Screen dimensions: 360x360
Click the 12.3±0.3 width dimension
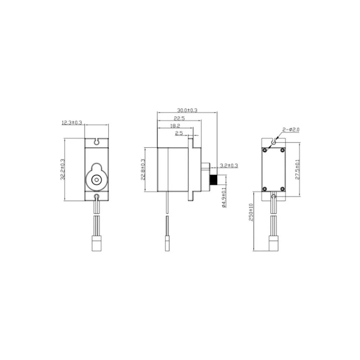(72, 123)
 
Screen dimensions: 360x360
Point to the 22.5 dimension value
(179, 118)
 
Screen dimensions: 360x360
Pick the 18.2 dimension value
(175, 126)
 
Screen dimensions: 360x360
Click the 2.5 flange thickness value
(179, 134)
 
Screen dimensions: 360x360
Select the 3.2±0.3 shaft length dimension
(229, 166)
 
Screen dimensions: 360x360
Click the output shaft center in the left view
(96, 179)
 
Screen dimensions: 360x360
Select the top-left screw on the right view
(265, 149)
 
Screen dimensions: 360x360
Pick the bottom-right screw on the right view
(283, 189)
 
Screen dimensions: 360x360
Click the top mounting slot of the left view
(96, 141)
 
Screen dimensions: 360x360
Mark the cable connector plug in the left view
(96, 244)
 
